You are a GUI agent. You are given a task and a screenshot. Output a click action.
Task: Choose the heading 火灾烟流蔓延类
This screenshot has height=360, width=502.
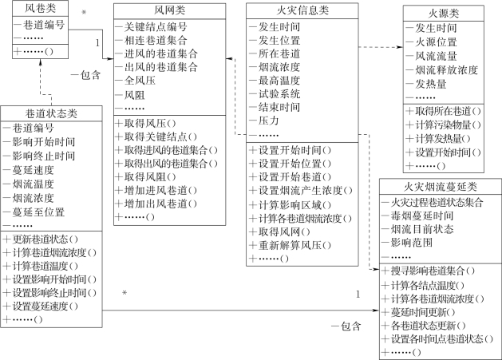tap(439, 186)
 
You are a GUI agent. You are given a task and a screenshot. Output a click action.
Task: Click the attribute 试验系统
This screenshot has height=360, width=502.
tap(279, 93)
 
